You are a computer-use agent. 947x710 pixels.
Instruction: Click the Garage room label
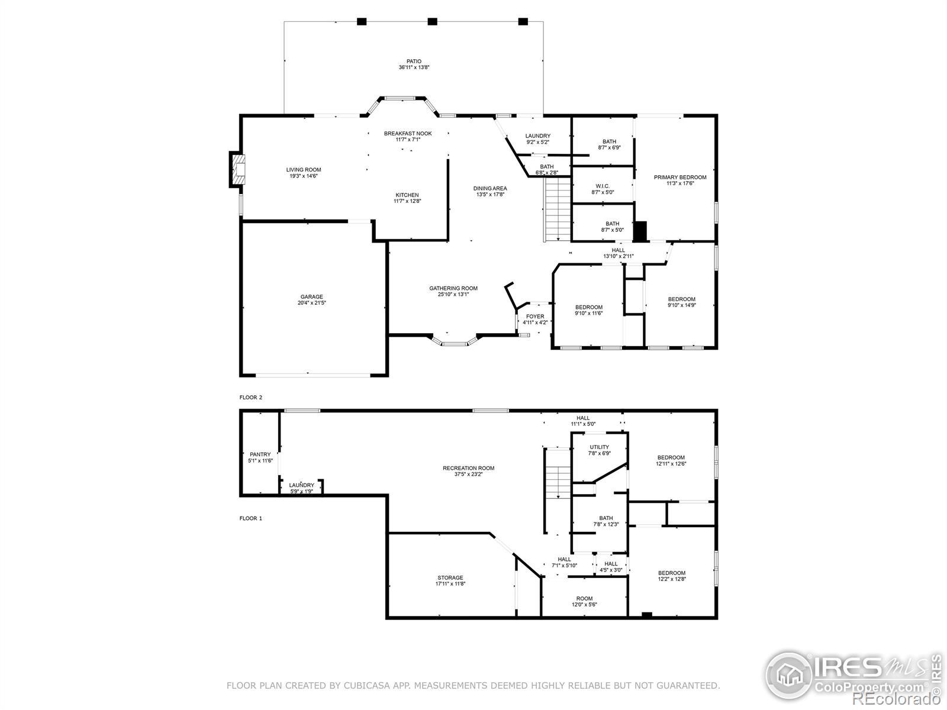click(311, 296)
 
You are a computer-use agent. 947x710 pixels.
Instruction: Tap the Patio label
click(413, 61)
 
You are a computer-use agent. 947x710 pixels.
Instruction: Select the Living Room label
click(303, 170)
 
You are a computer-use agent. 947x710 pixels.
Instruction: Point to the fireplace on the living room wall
click(238, 169)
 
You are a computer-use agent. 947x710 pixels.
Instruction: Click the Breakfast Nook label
click(408, 134)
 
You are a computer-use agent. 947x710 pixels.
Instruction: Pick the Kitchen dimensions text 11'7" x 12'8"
click(407, 201)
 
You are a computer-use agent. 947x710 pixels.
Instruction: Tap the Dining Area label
click(489, 188)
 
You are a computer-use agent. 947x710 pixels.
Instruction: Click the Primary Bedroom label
click(680, 177)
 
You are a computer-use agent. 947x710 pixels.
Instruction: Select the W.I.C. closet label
click(603, 186)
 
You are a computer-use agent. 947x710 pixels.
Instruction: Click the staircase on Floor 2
click(558, 209)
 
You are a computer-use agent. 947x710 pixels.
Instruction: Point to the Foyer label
click(535, 317)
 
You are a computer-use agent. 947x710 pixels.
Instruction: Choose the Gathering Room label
click(453, 288)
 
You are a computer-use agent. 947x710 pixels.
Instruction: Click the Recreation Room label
click(468, 468)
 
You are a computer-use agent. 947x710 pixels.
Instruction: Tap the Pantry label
click(260, 454)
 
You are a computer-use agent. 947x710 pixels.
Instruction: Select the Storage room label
click(450, 577)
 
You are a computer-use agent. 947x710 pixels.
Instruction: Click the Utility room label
click(599, 447)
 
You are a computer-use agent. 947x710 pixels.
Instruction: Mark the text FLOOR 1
click(251, 518)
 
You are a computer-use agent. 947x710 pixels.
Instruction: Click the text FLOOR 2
click(251, 398)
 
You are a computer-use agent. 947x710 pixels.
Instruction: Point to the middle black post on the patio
click(432, 21)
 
